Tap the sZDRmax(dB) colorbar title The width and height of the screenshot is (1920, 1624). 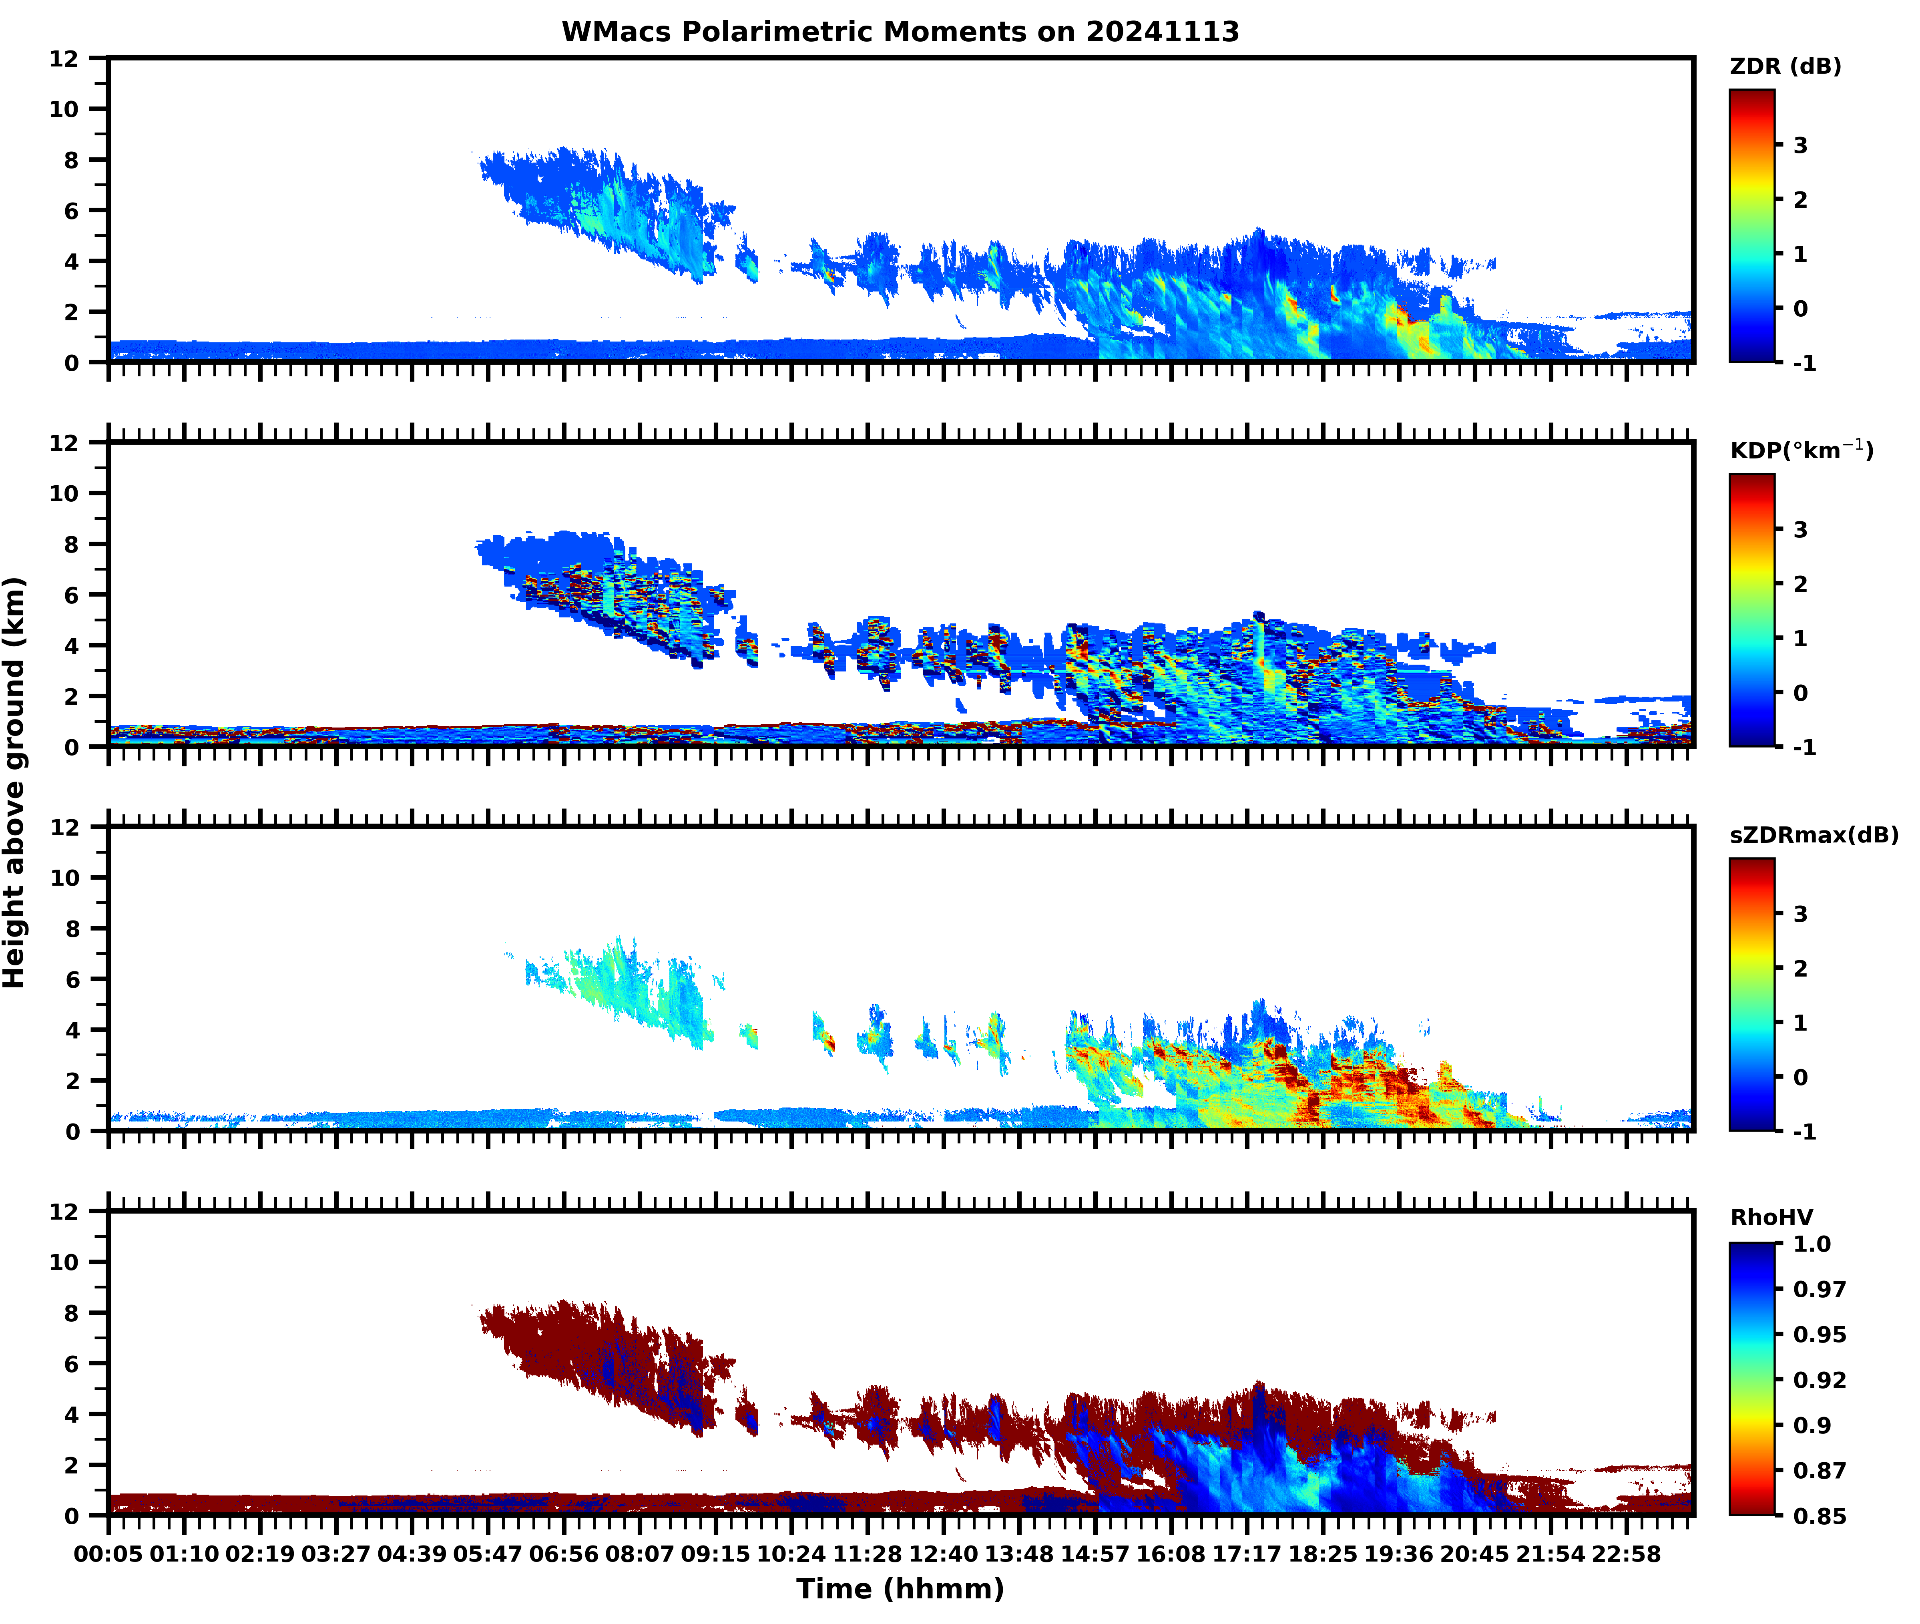[1813, 835]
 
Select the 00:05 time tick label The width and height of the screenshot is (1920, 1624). [108, 1554]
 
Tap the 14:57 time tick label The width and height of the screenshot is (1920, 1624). [1095, 1554]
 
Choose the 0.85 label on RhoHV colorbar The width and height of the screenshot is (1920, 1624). [1819, 1515]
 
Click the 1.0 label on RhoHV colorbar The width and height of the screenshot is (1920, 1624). [1812, 1245]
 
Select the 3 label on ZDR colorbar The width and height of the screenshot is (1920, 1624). [1800, 145]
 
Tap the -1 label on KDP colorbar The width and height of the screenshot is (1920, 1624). [1804, 748]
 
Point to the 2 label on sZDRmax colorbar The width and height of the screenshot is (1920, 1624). [1800, 969]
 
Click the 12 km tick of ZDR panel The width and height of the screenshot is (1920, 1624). [64, 59]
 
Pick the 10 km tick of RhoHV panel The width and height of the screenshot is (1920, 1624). [64, 1262]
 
